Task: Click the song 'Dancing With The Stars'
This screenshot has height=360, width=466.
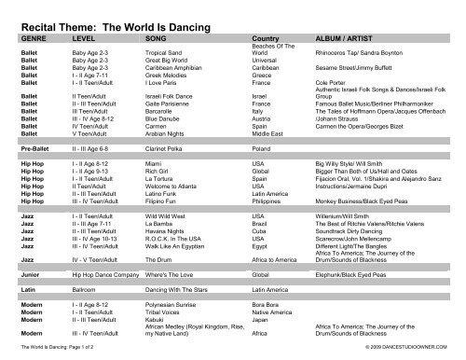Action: point(182,292)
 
